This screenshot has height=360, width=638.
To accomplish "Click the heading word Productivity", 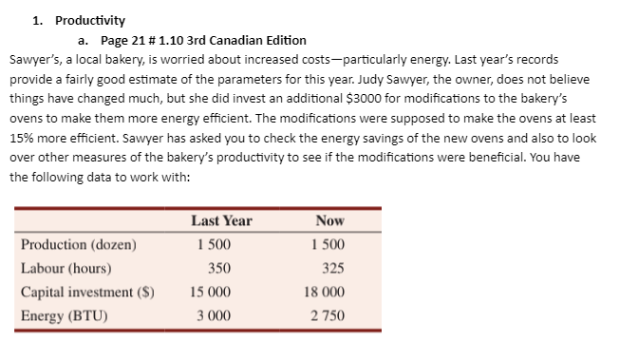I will point(89,20).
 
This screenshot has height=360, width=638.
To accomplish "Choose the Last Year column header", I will point(221,220).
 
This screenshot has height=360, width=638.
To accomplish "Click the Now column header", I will point(329,220).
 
